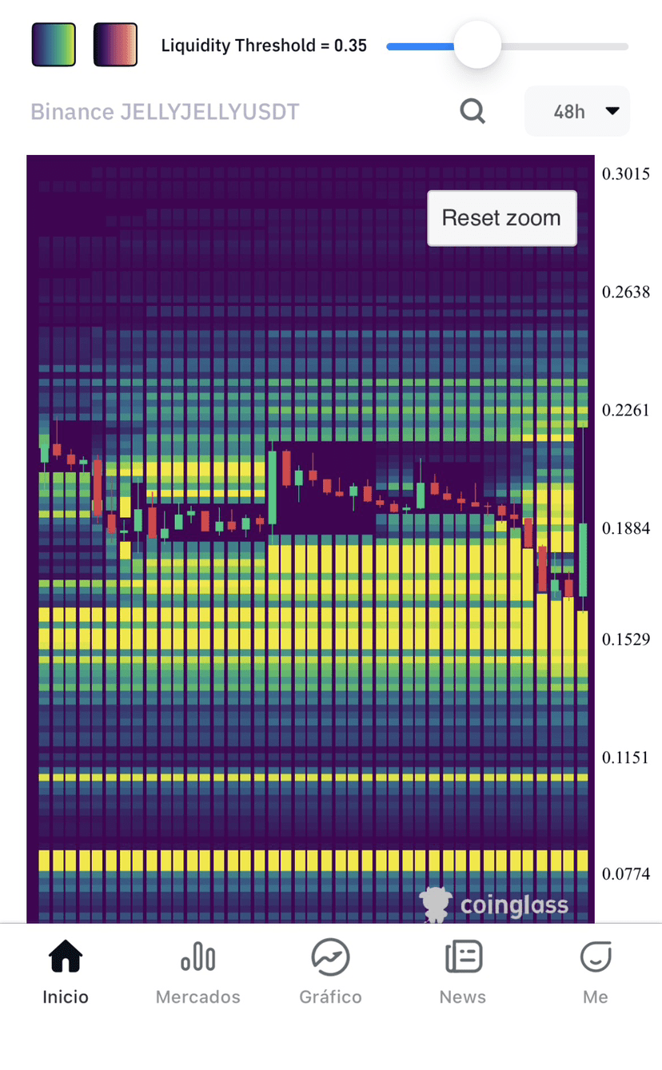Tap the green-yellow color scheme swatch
(x=54, y=45)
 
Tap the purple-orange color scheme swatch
(x=115, y=45)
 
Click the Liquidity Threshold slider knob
(x=477, y=45)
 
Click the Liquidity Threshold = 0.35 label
(x=264, y=46)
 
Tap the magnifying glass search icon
(x=473, y=111)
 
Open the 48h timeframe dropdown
(x=577, y=111)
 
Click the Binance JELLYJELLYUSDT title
(x=165, y=112)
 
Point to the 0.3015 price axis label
(x=626, y=174)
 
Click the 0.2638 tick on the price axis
(x=626, y=292)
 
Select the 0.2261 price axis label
(x=626, y=410)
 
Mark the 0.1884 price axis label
(x=626, y=528)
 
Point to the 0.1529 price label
(x=626, y=639)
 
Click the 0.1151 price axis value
(x=625, y=757)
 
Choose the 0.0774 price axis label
(x=626, y=873)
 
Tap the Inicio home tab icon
(x=66, y=956)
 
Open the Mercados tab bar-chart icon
(x=198, y=957)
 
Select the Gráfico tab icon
(x=330, y=957)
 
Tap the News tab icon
(x=463, y=957)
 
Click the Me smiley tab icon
(x=596, y=957)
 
